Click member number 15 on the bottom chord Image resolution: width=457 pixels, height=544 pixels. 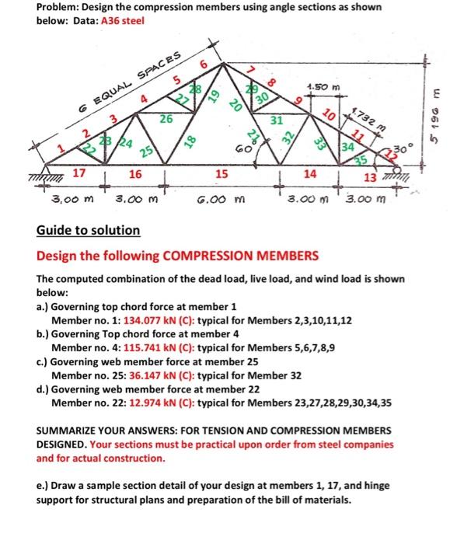click(222, 175)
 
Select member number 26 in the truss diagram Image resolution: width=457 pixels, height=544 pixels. click(165, 120)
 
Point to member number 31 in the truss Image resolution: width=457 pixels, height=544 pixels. click(277, 120)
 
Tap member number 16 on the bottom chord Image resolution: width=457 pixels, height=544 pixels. click(134, 175)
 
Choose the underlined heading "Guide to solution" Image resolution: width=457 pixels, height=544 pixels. click(88, 231)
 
